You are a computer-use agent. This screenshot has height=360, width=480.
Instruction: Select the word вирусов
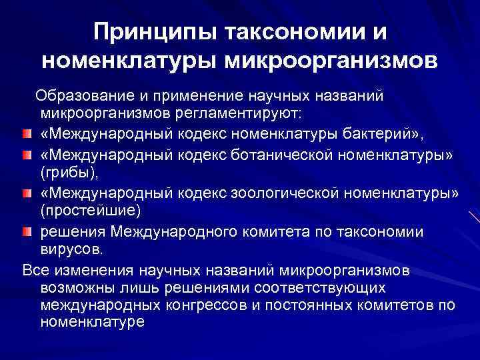point(71,250)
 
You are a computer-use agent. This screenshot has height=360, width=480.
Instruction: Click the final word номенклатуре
point(92,323)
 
